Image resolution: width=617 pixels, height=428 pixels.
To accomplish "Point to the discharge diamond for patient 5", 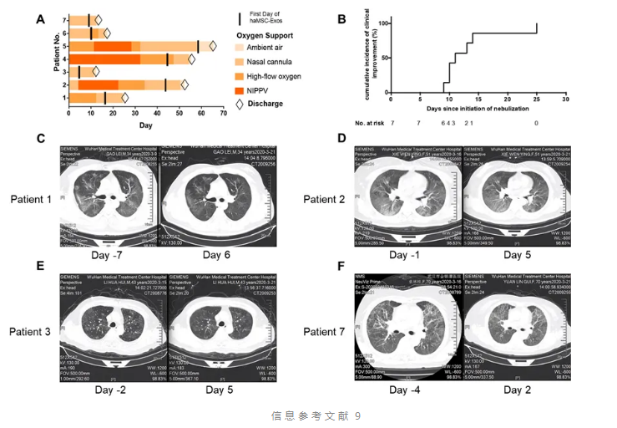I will [x=212, y=46].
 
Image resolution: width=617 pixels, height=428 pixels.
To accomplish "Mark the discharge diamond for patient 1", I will [x=124, y=98].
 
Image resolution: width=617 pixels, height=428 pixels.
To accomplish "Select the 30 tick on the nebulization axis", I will [x=566, y=99].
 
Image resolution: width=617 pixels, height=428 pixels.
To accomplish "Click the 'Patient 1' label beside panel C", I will [x=31, y=199].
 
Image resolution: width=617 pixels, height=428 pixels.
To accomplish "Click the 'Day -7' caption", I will [x=108, y=254].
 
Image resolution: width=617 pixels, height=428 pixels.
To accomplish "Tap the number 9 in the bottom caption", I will [x=357, y=415].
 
